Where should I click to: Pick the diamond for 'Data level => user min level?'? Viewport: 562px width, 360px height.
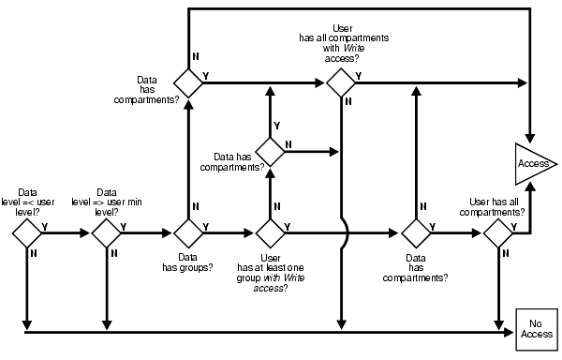click(106, 232)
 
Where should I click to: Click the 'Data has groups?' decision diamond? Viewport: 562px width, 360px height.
click(188, 232)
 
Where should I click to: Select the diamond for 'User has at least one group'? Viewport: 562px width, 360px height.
click(270, 232)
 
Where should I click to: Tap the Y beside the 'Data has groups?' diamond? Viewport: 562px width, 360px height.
click(205, 226)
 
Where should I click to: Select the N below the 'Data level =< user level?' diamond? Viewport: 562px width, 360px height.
click(34, 251)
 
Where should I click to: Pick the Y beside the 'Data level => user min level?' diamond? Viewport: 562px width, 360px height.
click(124, 226)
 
